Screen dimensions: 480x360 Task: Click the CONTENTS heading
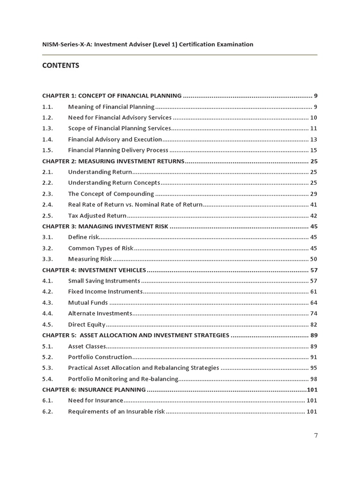[60, 66]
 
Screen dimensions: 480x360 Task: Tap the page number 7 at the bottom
[315, 435]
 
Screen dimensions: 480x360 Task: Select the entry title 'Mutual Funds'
[88, 303]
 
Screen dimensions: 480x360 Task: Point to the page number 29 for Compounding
[314, 194]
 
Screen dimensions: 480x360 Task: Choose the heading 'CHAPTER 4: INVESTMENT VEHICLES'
[94, 270]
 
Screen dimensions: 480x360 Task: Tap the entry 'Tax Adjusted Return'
[97, 216]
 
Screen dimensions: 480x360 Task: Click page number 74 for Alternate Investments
[314, 314]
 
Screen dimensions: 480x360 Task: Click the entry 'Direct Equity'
[87, 324]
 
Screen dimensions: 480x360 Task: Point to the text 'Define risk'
[83, 237]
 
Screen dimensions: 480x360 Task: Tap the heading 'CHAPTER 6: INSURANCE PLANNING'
[94, 390]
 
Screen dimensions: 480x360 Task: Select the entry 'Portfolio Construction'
[100, 357]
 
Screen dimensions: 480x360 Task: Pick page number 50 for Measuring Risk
[314, 259]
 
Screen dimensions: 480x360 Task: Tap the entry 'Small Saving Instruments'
[104, 281]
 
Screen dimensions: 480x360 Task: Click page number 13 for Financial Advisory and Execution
[314, 139]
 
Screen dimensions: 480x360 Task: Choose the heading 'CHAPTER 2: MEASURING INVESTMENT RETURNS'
[113, 161]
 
